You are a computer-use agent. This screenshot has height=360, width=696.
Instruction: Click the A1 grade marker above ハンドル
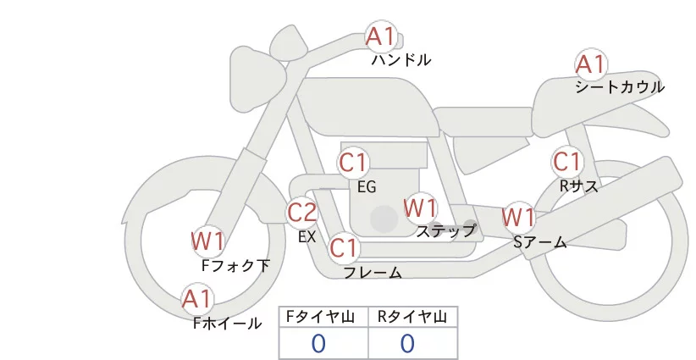[x=380, y=36]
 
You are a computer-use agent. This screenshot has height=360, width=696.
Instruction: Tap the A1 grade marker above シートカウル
[x=590, y=64]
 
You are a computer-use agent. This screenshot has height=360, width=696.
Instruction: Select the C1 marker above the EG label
[x=353, y=162]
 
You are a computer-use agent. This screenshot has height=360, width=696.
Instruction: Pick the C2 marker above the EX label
[x=302, y=212]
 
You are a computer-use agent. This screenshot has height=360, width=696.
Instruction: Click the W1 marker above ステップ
[x=420, y=207]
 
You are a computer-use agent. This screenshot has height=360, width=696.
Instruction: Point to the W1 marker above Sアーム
[x=519, y=217]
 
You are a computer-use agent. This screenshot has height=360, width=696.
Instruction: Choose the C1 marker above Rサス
[x=566, y=161]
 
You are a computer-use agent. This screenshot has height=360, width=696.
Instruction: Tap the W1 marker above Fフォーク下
[x=208, y=241]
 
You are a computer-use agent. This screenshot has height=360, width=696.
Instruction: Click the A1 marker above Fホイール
[x=198, y=299]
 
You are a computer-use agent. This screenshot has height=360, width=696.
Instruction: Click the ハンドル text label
[x=401, y=60]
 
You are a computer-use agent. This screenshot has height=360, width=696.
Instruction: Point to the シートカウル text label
[x=620, y=87]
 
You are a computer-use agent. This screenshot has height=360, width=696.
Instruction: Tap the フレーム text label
[x=373, y=273]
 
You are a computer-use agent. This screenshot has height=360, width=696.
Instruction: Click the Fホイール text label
[x=227, y=323]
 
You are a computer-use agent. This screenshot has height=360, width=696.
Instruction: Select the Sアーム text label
[x=539, y=242]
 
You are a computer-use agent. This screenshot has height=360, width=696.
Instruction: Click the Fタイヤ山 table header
[x=323, y=317]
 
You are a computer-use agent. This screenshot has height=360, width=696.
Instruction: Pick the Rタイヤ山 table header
[x=412, y=317]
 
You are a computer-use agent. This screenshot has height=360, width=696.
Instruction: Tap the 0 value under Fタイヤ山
[x=318, y=343]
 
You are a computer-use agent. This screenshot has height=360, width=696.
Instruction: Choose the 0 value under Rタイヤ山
[x=407, y=343]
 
